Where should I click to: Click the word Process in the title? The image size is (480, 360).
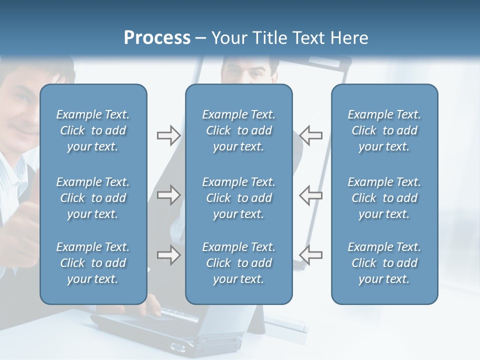tap(157, 38)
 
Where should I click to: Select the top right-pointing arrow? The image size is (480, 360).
tap(168, 135)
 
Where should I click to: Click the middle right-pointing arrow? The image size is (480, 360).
tap(168, 195)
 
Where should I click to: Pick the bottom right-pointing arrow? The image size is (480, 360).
tap(168, 255)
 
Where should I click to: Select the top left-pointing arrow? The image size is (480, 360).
tap(311, 135)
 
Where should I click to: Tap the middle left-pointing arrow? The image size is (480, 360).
tap(311, 195)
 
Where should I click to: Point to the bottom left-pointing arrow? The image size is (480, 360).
tap(311, 255)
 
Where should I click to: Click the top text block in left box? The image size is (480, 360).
tap(93, 130)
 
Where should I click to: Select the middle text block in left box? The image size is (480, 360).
tap(93, 198)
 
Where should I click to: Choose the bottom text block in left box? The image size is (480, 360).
tap(93, 263)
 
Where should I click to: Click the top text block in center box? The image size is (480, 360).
tap(238, 130)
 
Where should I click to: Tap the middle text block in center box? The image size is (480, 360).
tap(238, 198)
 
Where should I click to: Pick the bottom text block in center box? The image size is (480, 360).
tap(238, 263)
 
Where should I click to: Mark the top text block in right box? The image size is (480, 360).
tap(384, 130)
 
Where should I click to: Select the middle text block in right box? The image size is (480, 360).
tap(384, 198)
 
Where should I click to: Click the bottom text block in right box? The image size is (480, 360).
tap(384, 263)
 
